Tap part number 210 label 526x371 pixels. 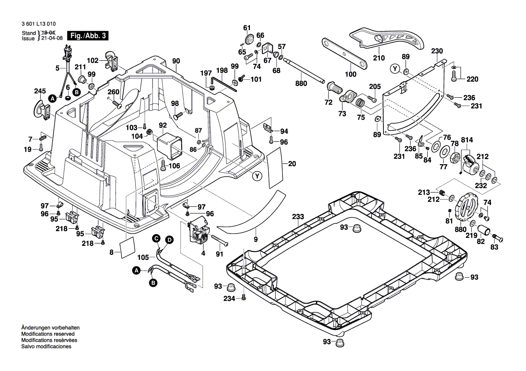(x=379, y=58)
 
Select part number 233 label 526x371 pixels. (x=297, y=217)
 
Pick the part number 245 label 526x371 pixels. (x=40, y=91)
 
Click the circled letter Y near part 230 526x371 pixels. (x=396, y=69)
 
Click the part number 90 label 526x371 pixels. (x=176, y=61)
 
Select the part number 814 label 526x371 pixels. (x=466, y=140)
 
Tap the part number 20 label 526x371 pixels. (x=292, y=164)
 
